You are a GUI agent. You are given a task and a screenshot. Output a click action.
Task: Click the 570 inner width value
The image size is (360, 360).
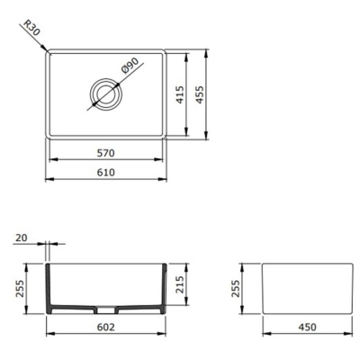click(105, 151)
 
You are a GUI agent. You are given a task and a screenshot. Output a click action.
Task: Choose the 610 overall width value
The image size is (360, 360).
click(105, 173)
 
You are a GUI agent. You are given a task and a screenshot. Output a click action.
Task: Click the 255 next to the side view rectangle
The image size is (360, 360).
click(236, 288)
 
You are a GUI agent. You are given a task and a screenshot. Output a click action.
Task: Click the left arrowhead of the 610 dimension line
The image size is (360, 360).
click(48, 180)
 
